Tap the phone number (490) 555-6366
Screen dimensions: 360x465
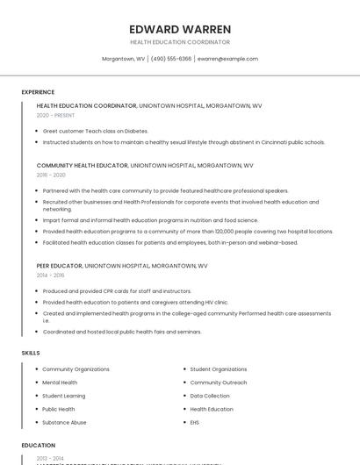coord(170,59)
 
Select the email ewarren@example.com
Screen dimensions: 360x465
coord(227,59)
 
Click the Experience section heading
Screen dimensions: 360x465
coord(38,92)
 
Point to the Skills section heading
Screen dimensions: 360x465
coord(31,353)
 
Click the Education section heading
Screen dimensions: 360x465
coord(39,446)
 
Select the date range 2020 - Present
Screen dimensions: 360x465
coord(56,115)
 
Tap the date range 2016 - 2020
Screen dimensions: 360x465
coord(51,175)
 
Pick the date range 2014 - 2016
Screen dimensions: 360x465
coord(51,275)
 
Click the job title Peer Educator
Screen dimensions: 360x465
coord(59,265)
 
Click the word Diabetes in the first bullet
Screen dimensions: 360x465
coord(133,131)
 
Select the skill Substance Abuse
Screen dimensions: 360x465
coord(64,422)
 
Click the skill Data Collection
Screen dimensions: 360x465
coord(210,396)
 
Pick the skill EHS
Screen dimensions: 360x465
coord(195,422)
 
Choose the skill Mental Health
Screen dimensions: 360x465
coord(60,383)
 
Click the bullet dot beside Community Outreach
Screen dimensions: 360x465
coord(184,383)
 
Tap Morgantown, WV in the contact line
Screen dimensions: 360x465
coord(124,59)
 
